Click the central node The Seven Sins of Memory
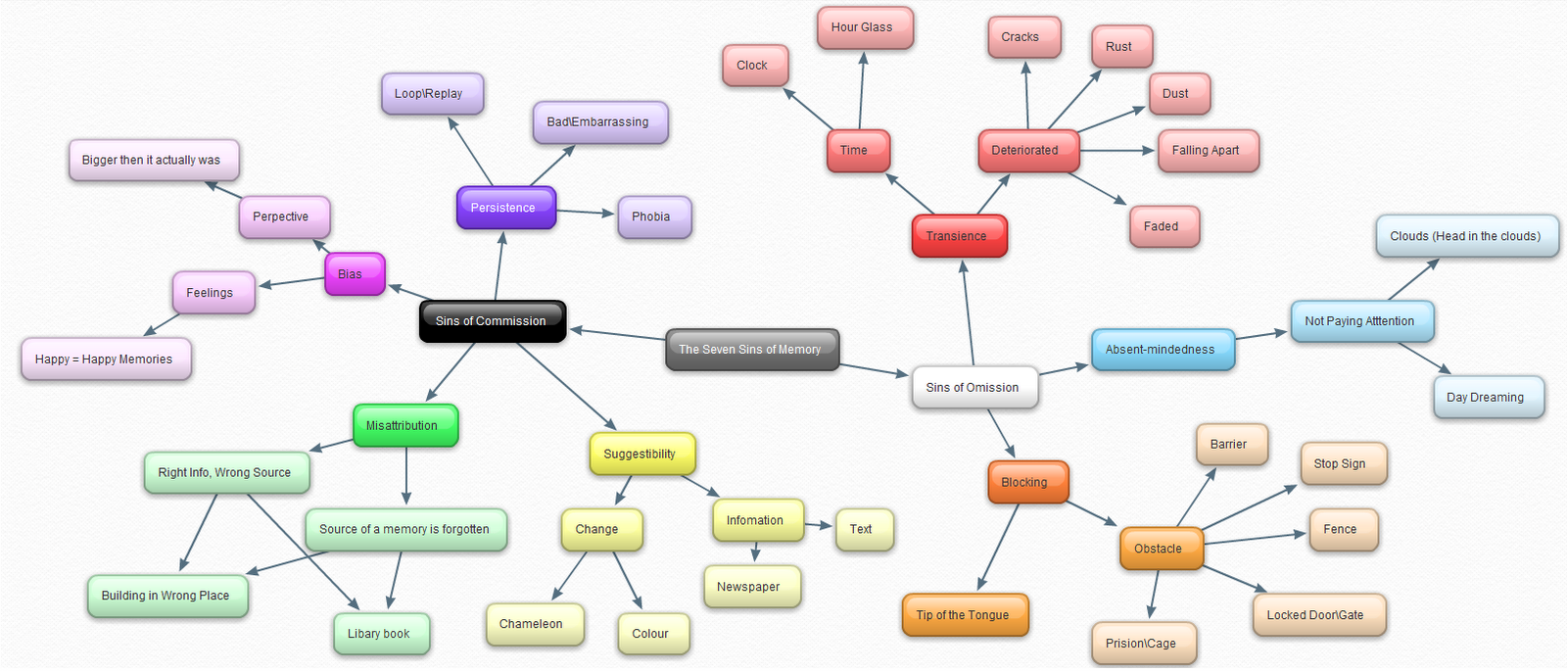[x=751, y=350]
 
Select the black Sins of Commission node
[x=492, y=321]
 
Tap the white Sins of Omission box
[x=973, y=388]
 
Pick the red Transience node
[x=958, y=236]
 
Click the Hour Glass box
[x=864, y=27]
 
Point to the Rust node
[x=1120, y=47]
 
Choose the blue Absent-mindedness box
[x=1162, y=350]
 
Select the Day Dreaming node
[x=1487, y=398]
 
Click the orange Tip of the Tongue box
[x=964, y=615]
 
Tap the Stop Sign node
[x=1342, y=464]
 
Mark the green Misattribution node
[x=404, y=426]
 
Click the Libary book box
[x=380, y=634]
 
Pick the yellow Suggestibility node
[x=641, y=455]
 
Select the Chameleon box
[x=533, y=624]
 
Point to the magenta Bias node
[x=353, y=274]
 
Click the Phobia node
[x=653, y=217]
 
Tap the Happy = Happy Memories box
[x=105, y=359]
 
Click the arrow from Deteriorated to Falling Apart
[x=1116, y=151]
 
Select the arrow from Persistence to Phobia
[x=586, y=212]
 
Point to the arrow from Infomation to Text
[x=818, y=526]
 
